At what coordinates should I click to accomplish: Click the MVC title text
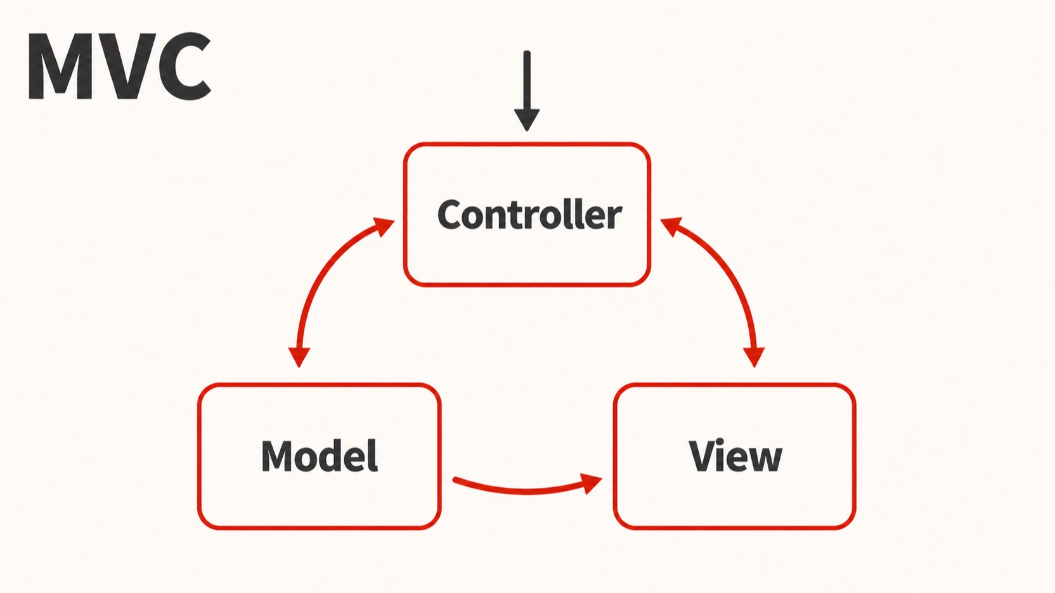point(120,66)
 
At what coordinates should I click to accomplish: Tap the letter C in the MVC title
point(182,66)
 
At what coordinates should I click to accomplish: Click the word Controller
point(529,214)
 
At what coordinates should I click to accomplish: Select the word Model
point(320,456)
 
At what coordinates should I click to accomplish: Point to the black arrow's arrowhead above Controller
point(527,120)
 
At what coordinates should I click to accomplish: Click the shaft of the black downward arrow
point(527,80)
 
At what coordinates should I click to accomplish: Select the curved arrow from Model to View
point(527,491)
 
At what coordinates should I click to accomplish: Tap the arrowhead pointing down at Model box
point(299,357)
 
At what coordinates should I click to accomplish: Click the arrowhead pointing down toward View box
point(754,357)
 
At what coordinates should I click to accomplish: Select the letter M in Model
point(278,456)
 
